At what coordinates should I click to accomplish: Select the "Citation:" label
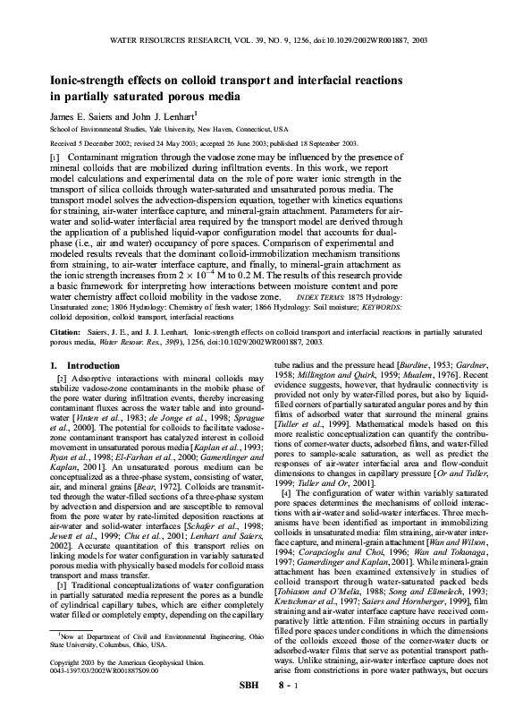[68, 331]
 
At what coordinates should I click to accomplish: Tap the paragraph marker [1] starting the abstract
[55, 156]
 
